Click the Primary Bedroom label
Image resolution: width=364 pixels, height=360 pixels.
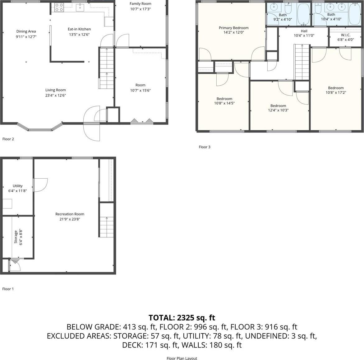coord(233,28)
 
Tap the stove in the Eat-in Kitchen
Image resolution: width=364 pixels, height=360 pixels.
coord(59,7)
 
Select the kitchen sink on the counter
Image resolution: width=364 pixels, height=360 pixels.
coord(80,7)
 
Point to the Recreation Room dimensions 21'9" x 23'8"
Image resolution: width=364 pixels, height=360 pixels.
coord(70,219)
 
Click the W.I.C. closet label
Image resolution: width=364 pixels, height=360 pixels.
coord(345,35)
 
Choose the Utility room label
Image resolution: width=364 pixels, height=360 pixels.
coord(17,186)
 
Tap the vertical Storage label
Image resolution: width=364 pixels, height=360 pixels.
coord(16,237)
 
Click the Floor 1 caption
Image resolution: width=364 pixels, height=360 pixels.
coord(8,289)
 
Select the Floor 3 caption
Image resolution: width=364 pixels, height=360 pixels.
coord(205,147)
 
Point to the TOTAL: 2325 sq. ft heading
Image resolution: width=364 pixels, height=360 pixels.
coord(182,318)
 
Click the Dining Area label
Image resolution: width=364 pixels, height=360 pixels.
coord(26,31)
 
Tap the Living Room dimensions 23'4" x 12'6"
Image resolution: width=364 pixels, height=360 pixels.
coord(56,95)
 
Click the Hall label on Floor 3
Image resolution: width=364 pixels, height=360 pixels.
coord(304,31)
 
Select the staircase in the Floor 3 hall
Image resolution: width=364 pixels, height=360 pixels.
coord(302,62)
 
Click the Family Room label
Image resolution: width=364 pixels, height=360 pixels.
coord(141,4)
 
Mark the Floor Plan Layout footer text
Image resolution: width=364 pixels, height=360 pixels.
coord(182,358)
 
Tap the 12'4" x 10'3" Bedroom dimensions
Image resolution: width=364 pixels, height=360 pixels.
coord(278,110)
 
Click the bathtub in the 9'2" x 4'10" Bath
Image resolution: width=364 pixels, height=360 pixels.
coord(303,14)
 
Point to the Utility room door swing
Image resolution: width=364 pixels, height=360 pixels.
coord(40,185)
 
